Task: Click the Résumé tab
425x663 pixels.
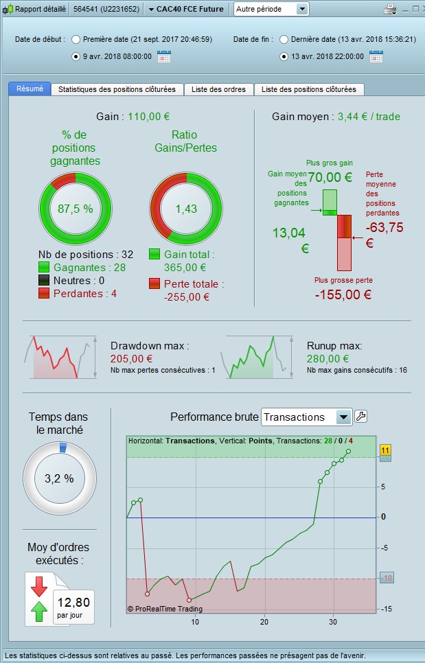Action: coord(30,89)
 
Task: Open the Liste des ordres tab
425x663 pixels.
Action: coord(218,89)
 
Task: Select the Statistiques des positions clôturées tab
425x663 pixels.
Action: coord(117,89)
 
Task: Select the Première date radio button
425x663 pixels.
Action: coord(76,39)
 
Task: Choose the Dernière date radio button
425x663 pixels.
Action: coord(284,39)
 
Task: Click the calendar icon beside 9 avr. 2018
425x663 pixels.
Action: coord(163,56)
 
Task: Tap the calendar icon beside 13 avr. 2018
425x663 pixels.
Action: coord(376,56)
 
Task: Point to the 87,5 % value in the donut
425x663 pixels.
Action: coord(76,209)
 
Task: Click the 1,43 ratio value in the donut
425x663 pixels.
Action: coord(186,209)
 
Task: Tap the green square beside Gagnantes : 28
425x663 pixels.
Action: coord(45,268)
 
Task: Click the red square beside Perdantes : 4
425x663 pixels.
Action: coord(45,294)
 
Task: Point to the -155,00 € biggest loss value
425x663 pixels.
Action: coord(343,295)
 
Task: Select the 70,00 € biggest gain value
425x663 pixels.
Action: coord(330,177)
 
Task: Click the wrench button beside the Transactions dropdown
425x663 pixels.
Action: coord(360,416)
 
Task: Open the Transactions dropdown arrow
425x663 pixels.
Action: coord(343,417)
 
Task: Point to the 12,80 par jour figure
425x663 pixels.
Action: coord(73,603)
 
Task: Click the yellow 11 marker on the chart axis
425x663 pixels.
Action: coord(385,450)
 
